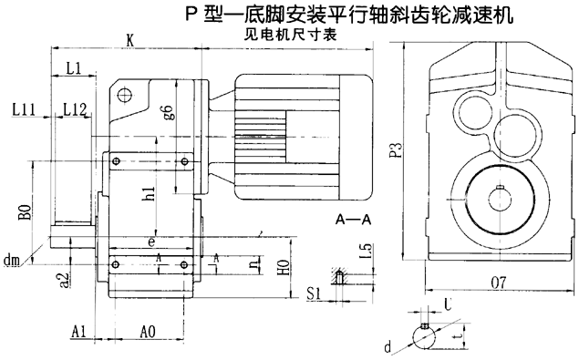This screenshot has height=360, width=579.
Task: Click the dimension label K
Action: (131, 39)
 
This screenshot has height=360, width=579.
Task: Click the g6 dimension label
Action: (167, 113)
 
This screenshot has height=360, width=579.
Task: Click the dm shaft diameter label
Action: (12, 262)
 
